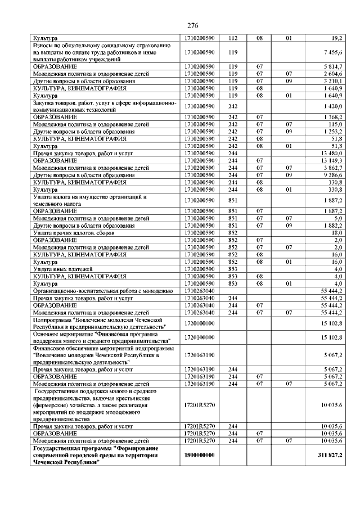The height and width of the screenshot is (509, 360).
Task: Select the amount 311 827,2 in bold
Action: [x=329, y=454]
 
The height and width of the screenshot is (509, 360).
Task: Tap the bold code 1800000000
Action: [x=200, y=454]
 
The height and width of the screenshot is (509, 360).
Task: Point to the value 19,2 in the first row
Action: [x=337, y=37]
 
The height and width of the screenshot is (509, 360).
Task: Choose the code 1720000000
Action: [x=200, y=323]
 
